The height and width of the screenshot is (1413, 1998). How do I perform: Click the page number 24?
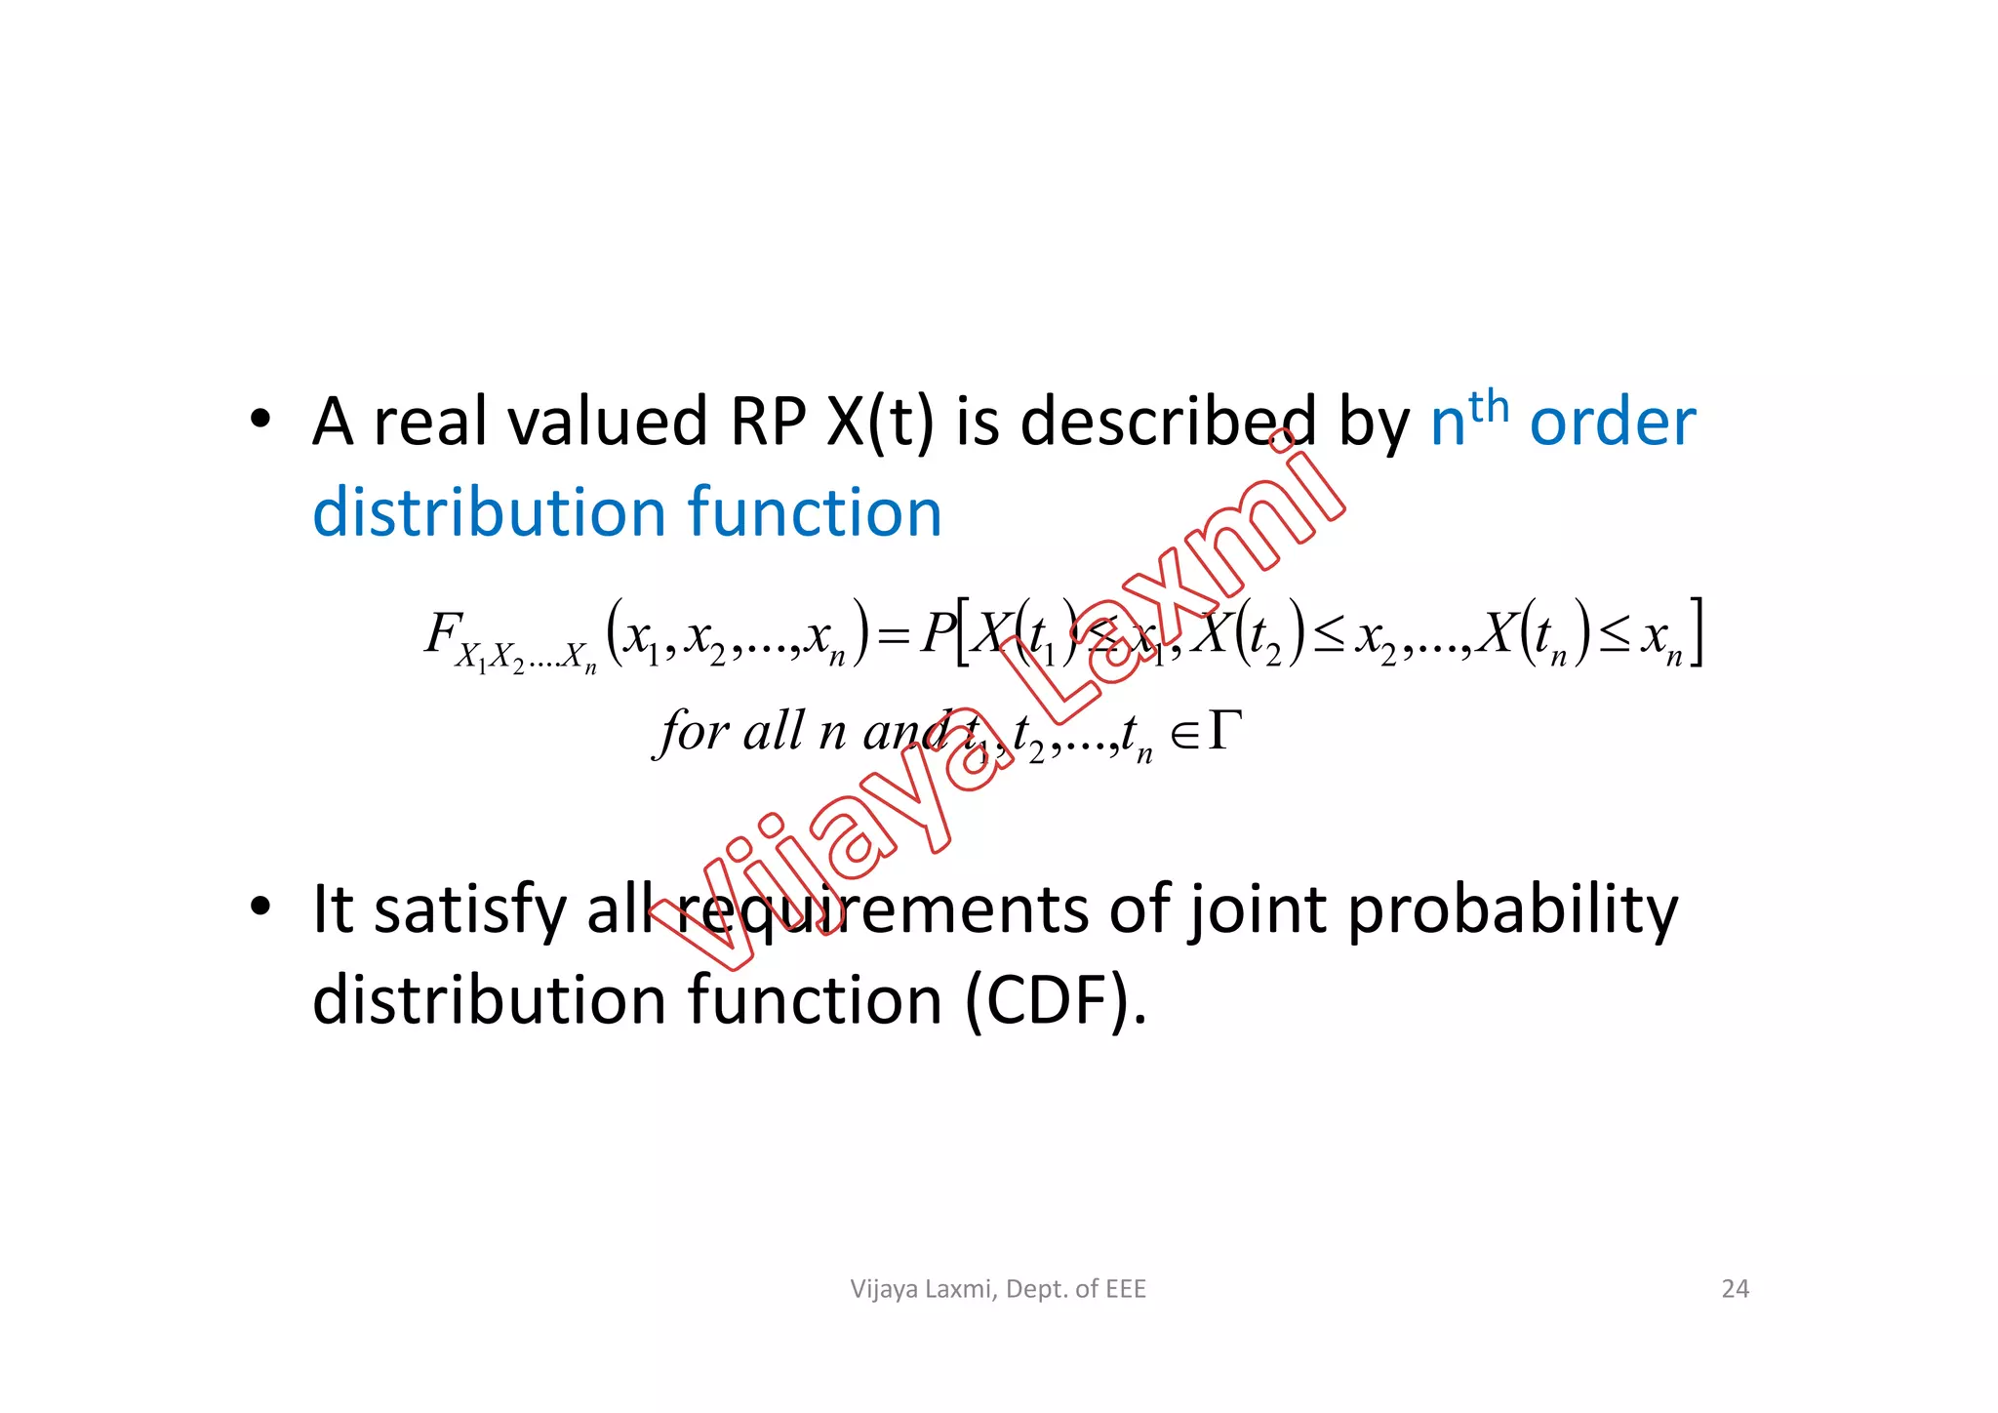[x=1735, y=1289]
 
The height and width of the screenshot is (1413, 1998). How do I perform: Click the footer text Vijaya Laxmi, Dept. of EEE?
[x=998, y=1289]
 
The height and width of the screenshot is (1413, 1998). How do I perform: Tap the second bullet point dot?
[x=260, y=907]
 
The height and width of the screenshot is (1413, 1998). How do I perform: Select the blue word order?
[x=1613, y=423]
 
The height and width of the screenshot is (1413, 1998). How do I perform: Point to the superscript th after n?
[x=1489, y=405]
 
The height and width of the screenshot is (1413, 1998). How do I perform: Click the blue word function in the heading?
[x=815, y=513]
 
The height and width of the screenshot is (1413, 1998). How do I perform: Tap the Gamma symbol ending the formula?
[x=1225, y=731]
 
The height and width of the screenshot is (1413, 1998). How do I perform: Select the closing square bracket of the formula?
[x=1697, y=633]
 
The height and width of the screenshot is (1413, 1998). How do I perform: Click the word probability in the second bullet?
[x=1512, y=911]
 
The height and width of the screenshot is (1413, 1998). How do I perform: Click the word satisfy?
[x=469, y=911]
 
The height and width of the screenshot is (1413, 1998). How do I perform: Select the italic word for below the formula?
[x=693, y=732]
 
